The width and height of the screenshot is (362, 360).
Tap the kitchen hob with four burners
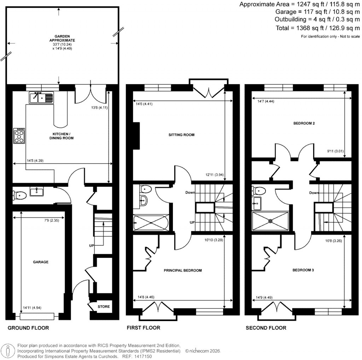coord(19,135)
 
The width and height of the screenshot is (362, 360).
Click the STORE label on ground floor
coord(104,307)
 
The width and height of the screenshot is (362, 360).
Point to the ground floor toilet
coord(19,194)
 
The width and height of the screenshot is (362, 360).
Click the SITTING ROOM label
coord(181,135)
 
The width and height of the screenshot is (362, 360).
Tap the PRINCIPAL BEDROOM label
coord(182,271)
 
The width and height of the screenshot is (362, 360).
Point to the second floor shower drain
coord(270,221)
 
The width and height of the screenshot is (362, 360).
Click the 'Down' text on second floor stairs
coord(314,193)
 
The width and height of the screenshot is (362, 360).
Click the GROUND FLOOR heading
coord(28,328)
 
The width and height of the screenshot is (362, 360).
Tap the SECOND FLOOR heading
coord(266,328)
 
